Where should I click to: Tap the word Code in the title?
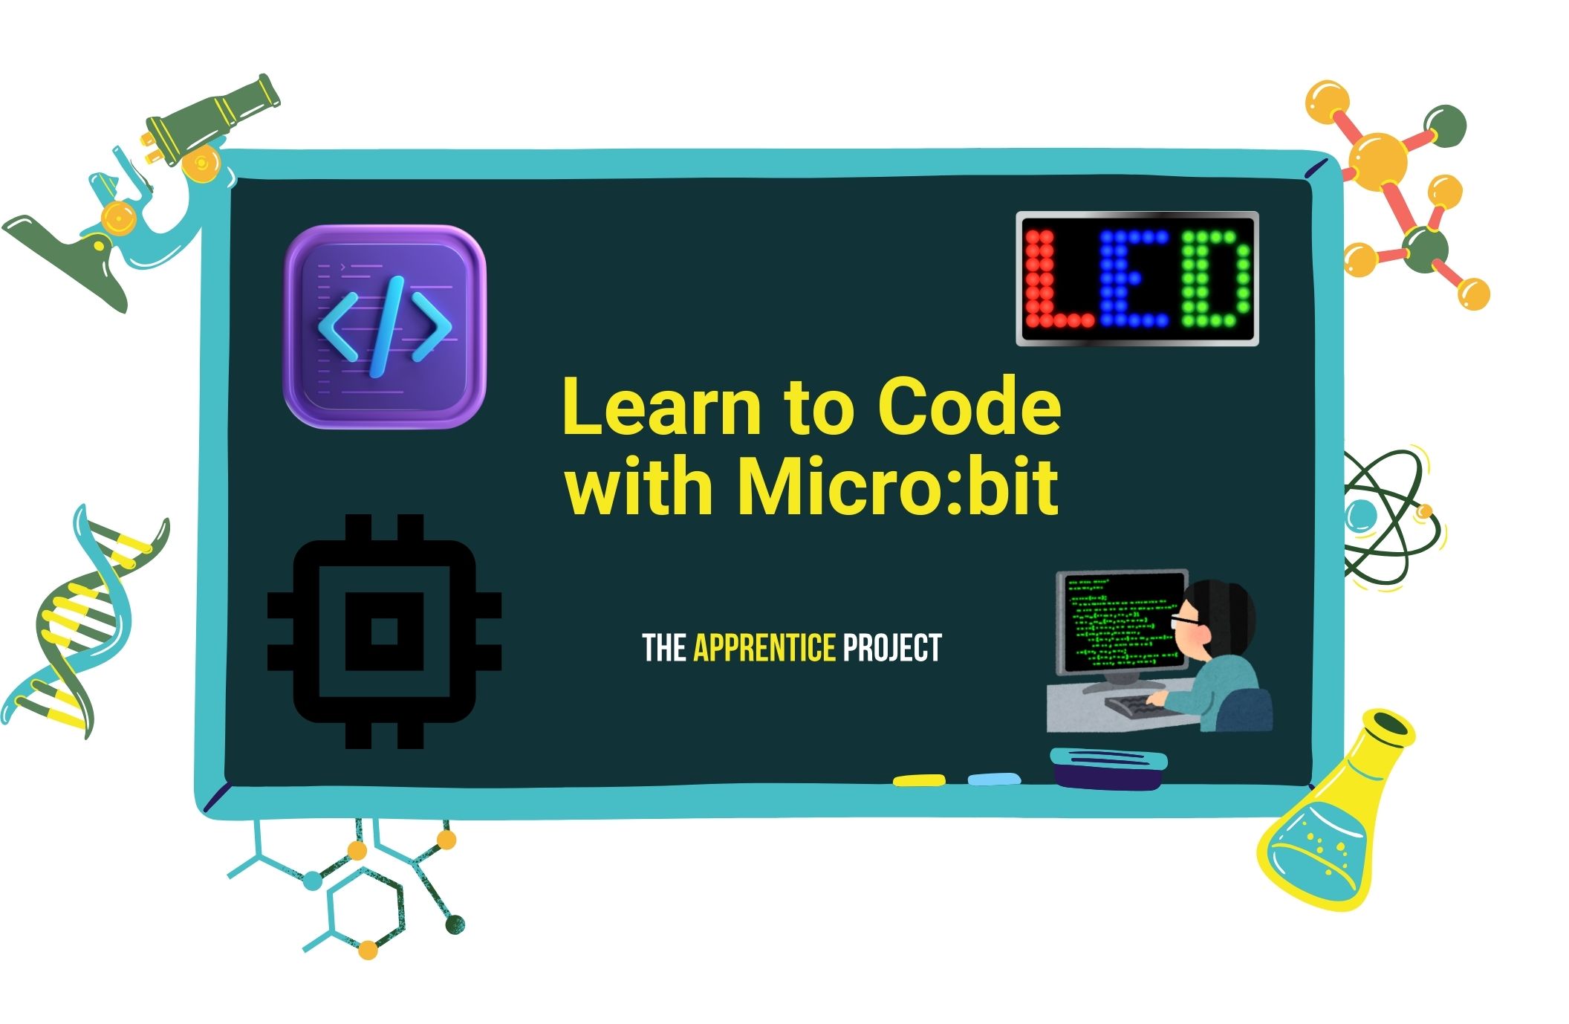969,407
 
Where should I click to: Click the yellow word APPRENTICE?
764,648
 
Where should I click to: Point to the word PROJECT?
892,648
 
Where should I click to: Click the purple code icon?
384,327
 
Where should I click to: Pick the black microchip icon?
384,631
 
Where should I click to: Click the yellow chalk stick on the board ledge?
919,780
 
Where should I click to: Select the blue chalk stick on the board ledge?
994,779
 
